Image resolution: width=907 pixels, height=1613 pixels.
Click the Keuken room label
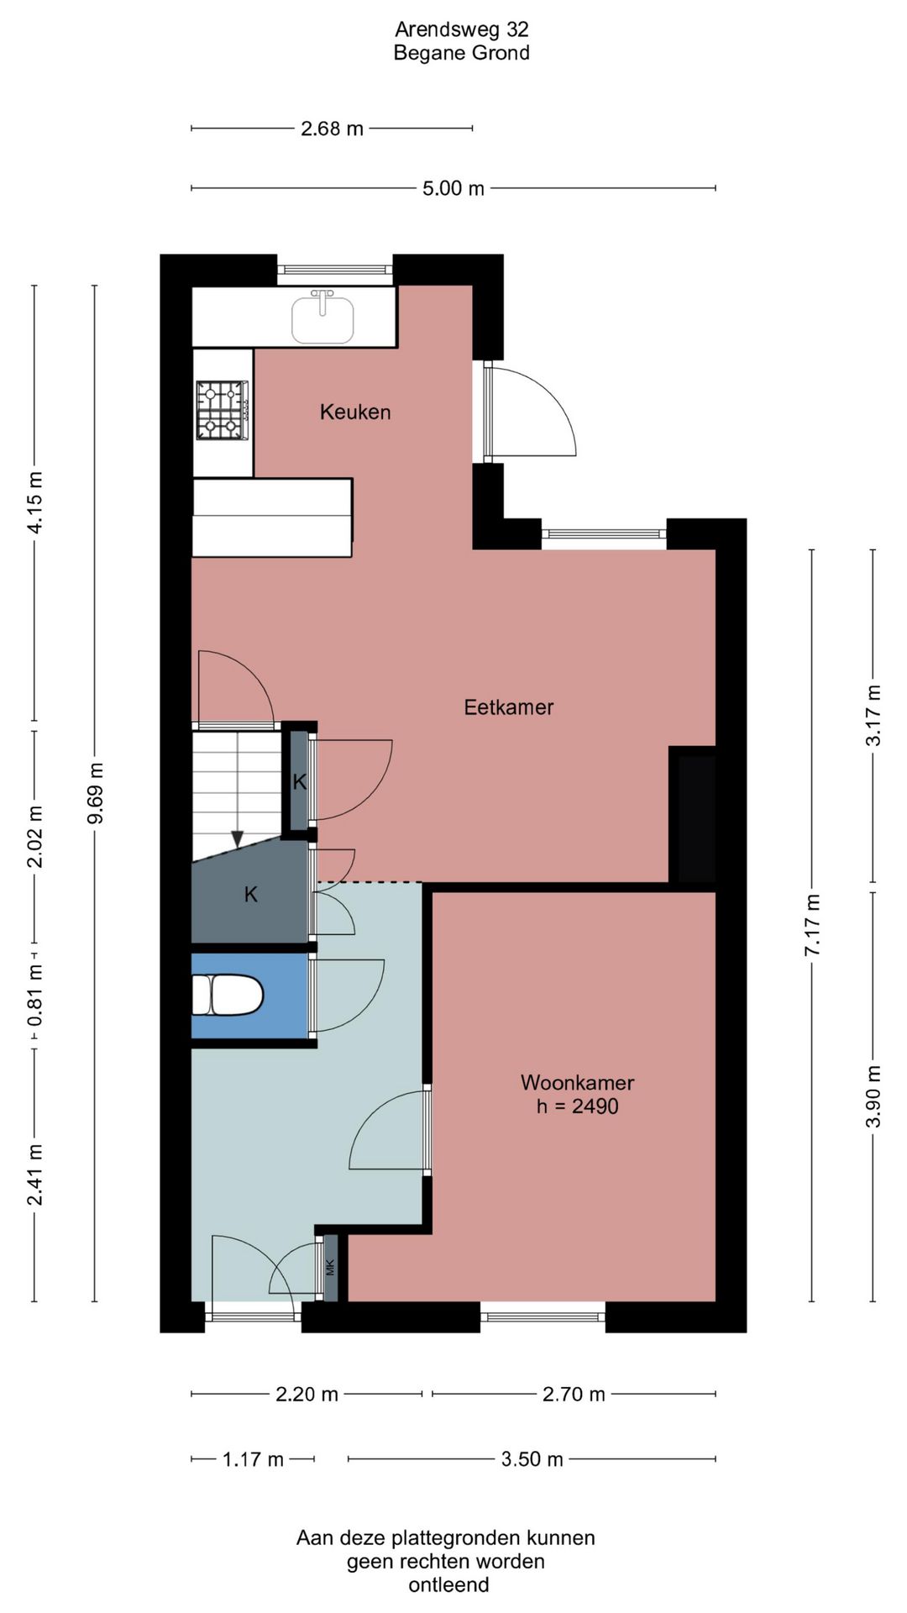[x=355, y=412]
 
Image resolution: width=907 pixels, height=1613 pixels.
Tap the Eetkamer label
[x=509, y=707]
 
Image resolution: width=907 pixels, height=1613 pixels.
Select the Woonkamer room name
[x=578, y=1082]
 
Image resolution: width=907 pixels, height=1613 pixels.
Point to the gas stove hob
[x=223, y=411]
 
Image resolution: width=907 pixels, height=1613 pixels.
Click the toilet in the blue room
[x=228, y=995]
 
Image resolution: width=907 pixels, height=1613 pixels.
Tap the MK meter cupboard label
[x=330, y=1267]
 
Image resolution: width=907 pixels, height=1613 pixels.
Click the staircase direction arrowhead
[x=238, y=838]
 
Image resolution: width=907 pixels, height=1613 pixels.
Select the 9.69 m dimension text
[x=96, y=793]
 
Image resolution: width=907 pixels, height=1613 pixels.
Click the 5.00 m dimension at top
[x=453, y=188]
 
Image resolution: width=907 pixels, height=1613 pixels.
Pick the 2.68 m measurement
[x=332, y=129]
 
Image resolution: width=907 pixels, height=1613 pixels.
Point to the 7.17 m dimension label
[x=812, y=925]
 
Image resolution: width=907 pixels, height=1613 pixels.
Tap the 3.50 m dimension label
[x=532, y=1459]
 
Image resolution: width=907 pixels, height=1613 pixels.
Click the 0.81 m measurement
[x=35, y=996]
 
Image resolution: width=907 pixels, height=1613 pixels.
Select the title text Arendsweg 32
[x=462, y=29]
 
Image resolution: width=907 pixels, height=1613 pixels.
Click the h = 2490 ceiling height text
[x=578, y=1106]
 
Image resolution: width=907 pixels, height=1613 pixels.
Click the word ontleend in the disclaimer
[x=448, y=1585]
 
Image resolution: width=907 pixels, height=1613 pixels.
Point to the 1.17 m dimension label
[x=253, y=1459]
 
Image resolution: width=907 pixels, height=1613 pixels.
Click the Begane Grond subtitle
[x=462, y=53]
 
